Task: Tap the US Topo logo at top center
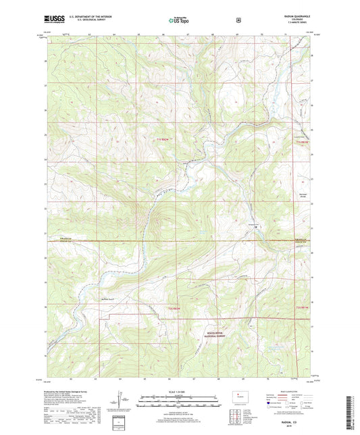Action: (178, 21)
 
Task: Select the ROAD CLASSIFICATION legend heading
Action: (292, 393)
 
